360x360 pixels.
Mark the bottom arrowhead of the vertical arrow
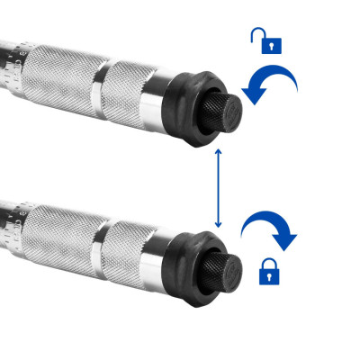pyautogui.click(x=217, y=225)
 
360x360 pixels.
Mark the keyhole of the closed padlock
pyautogui.click(x=269, y=275)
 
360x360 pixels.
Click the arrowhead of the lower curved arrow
pyautogui.click(x=287, y=242)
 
